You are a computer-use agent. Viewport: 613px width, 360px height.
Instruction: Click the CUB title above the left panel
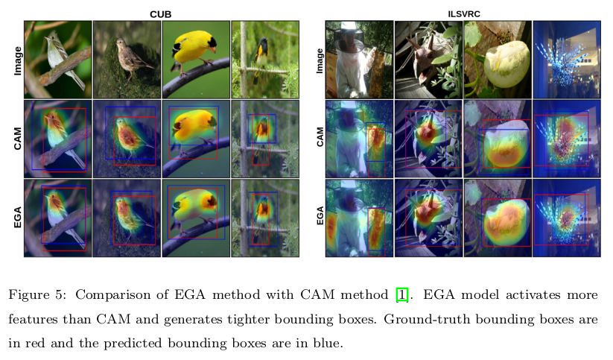tap(162, 13)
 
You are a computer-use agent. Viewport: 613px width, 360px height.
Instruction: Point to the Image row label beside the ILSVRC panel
tap(319, 60)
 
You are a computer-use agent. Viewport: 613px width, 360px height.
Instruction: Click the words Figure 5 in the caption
tap(36, 294)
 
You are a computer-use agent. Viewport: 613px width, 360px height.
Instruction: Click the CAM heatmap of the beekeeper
tap(359, 139)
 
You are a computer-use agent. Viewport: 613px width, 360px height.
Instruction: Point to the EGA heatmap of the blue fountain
tap(566, 218)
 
